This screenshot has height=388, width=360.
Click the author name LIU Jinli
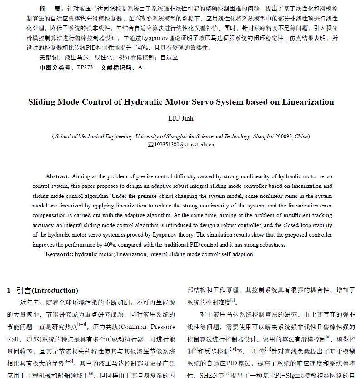(181, 118)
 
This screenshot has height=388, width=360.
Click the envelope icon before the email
(152, 145)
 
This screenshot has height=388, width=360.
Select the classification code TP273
(85, 67)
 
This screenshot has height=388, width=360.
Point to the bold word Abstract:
(58, 176)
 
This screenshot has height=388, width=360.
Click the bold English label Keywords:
(59, 254)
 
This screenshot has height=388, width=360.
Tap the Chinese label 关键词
(50, 58)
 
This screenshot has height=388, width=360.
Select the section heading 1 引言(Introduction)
(43, 290)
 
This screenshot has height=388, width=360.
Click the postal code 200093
(282, 136)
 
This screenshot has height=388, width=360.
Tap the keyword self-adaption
(237, 254)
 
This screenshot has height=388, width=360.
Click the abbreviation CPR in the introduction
(33, 339)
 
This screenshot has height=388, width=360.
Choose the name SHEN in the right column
(209, 376)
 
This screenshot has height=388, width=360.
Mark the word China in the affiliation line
(301, 136)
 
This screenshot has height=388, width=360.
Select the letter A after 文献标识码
(140, 67)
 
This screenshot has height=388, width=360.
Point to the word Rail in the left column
(13, 339)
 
